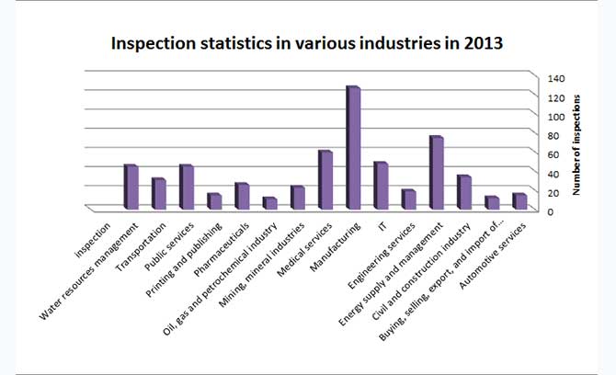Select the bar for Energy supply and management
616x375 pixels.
coord(435,174)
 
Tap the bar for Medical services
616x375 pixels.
coord(324,180)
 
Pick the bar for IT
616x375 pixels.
coord(380,187)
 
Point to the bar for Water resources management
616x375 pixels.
coord(130,187)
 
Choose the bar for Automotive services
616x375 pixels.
coord(519,202)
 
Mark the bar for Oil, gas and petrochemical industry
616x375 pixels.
coord(268,204)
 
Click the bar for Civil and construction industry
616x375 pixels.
coord(462,193)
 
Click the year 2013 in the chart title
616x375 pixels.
coord(485,43)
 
